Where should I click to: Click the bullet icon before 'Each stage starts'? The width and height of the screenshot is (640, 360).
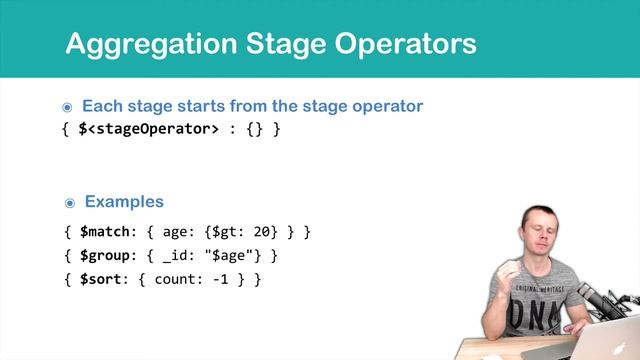pyautogui.click(x=68, y=106)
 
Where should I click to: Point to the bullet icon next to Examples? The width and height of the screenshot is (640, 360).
pyautogui.click(x=70, y=202)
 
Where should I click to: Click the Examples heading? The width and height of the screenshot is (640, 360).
pyautogui.click(x=124, y=201)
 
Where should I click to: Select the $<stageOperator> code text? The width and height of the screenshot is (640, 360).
pyautogui.click(x=148, y=129)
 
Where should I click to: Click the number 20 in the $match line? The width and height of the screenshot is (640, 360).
pyautogui.click(x=263, y=232)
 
